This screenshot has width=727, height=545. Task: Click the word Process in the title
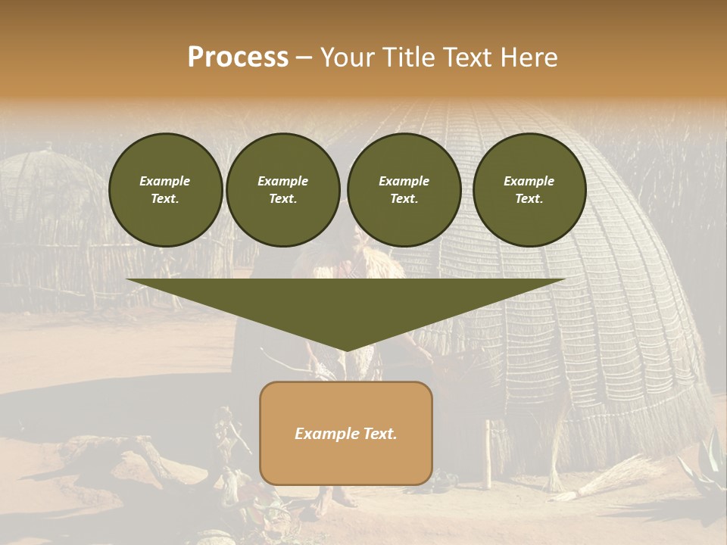[238, 58]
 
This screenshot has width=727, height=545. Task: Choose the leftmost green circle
[165, 190]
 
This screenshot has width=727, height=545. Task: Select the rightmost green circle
[529, 190]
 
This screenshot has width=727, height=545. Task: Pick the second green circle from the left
[282, 190]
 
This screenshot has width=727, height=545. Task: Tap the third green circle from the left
[404, 190]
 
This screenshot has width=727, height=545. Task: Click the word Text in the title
[466, 58]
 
